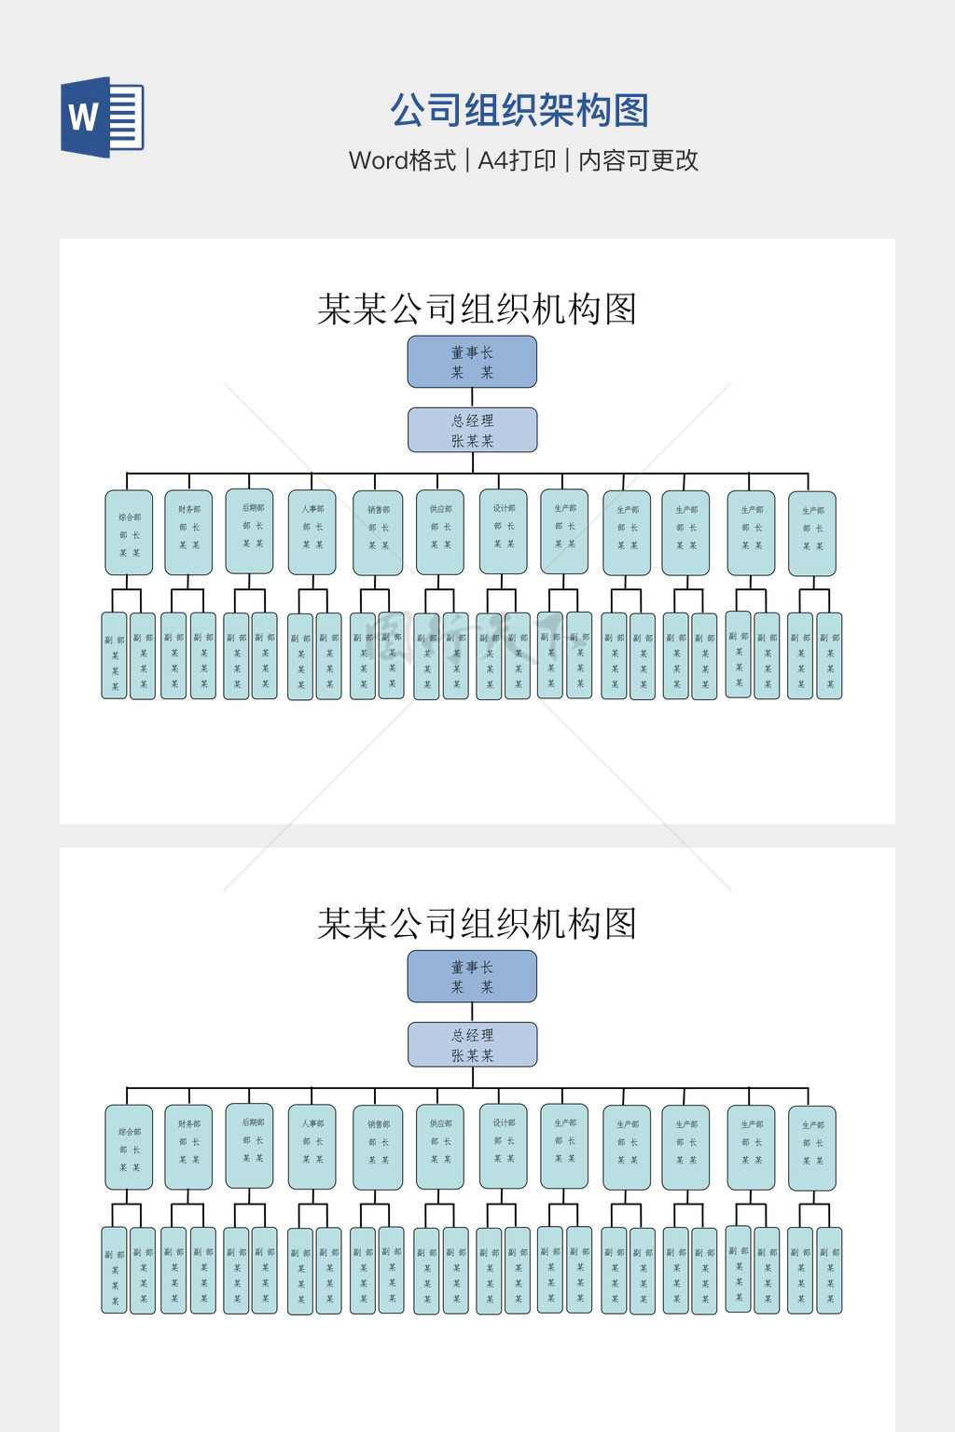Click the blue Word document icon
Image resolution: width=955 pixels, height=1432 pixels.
103,117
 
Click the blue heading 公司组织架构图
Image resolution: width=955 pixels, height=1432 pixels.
519,111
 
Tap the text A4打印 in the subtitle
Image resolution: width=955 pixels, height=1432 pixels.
517,160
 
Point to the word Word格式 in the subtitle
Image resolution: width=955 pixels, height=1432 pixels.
402,160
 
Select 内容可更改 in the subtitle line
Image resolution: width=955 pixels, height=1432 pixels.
638,160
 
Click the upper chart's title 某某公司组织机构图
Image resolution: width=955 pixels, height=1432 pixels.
477,310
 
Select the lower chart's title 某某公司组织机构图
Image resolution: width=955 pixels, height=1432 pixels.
477,924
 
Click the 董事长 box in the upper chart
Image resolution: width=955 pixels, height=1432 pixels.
472,362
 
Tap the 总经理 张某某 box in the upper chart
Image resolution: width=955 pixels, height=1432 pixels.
472,430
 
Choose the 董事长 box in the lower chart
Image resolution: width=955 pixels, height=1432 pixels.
472,976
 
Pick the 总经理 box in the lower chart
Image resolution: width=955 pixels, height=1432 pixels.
472,1044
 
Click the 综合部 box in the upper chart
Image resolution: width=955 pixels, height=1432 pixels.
129,532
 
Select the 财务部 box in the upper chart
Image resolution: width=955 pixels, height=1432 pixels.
188,532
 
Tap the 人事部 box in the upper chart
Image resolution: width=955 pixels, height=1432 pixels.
311,532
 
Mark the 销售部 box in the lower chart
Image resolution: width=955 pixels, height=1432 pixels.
378,1147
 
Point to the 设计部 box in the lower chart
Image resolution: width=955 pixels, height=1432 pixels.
504,1146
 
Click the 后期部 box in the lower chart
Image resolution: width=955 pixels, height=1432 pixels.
249,1145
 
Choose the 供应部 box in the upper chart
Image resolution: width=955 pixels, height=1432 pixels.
440,532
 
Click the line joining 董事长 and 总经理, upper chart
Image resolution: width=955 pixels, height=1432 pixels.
472,397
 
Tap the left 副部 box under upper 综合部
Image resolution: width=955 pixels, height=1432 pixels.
114,655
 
